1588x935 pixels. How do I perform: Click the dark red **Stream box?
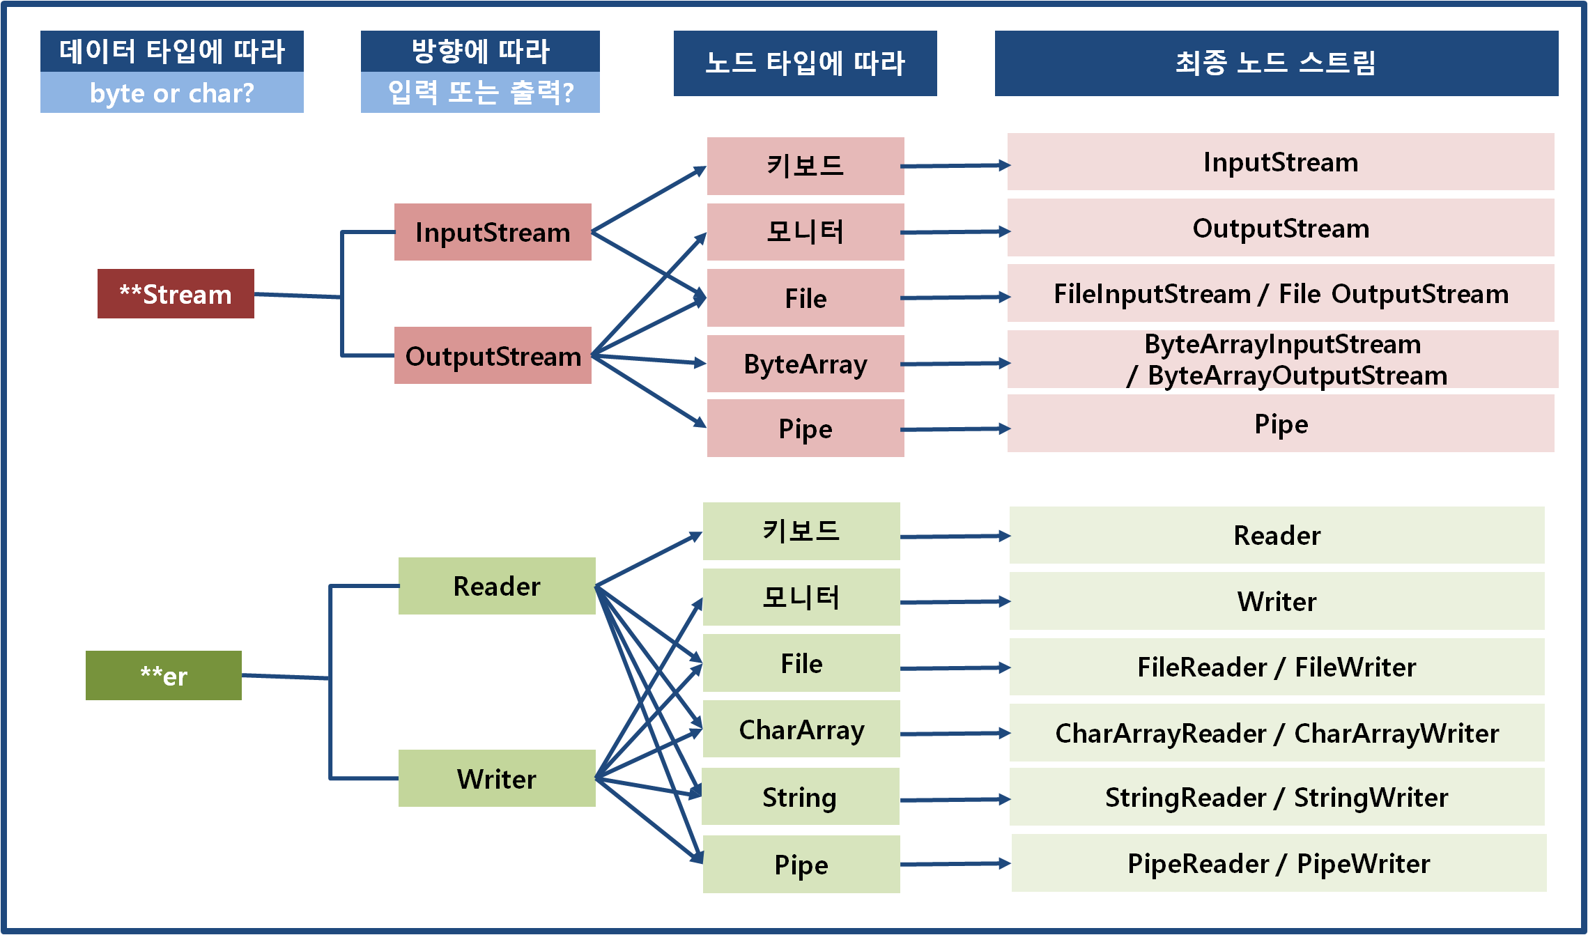pyautogui.click(x=176, y=294)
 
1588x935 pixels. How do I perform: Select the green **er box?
pyautogui.click(x=164, y=676)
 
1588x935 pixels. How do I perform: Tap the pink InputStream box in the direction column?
pyautogui.click(x=493, y=232)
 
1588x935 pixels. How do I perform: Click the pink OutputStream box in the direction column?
pyautogui.click(x=493, y=355)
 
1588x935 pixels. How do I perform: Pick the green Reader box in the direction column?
pyautogui.click(x=497, y=586)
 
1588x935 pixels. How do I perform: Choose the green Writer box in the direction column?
pyautogui.click(x=497, y=778)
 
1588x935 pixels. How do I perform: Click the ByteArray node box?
pyautogui.click(x=805, y=364)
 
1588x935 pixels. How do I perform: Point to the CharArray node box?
pyautogui.click(x=801, y=729)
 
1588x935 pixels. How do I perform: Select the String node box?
pyautogui.click(x=800, y=796)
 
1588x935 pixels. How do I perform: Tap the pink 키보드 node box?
pyautogui.click(x=805, y=166)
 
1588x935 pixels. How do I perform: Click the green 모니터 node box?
pyautogui.click(x=801, y=597)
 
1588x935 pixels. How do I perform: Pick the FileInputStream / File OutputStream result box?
pyautogui.click(x=1281, y=293)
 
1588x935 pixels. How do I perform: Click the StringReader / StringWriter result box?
pyautogui.click(x=1277, y=797)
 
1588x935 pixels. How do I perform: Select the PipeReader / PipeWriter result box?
pyautogui.click(x=1279, y=863)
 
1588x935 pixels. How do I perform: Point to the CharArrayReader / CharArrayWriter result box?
pyautogui.click(x=1277, y=733)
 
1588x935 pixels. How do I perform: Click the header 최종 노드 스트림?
pyautogui.click(x=1276, y=63)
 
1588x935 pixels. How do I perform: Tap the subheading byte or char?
pyautogui.click(x=172, y=93)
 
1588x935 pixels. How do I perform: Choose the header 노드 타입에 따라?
pyautogui.click(x=805, y=63)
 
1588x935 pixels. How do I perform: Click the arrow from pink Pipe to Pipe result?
pyautogui.click(x=955, y=429)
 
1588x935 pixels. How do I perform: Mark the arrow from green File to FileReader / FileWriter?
pyautogui.click(x=955, y=668)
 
